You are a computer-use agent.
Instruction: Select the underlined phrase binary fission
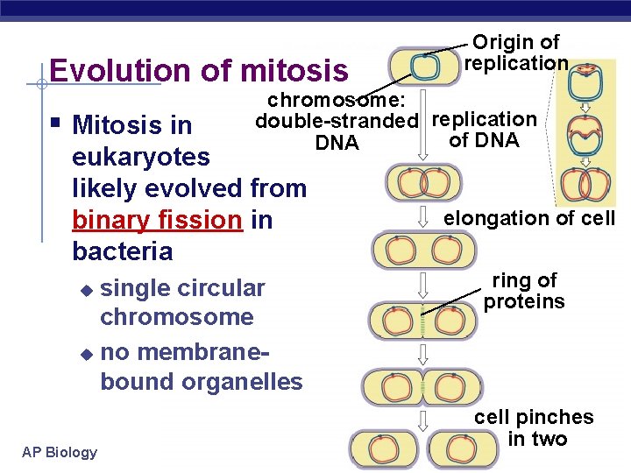(x=158, y=220)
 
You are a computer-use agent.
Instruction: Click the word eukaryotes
(x=141, y=157)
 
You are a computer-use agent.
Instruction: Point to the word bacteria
(x=124, y=251)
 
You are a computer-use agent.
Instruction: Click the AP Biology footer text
(x=60, y=452)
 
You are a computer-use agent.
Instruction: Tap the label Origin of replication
(x=515, y=53)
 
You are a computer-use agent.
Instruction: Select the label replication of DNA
(x=484, y=130)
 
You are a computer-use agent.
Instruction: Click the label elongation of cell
(x=529, y=218)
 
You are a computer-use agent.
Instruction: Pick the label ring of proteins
(x=524, y=291)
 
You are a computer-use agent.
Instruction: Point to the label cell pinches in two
(x=534, y=427)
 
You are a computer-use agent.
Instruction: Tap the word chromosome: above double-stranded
(x=330, y=100)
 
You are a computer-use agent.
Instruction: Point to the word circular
(x=223, y=288)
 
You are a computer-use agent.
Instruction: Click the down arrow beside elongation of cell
(x=423, y=215)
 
